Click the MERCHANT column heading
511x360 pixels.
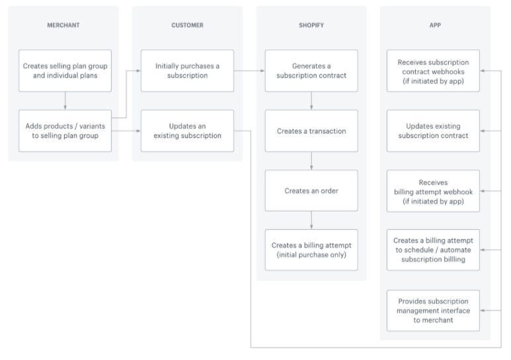point(63,25)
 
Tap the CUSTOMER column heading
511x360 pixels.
point(187,25)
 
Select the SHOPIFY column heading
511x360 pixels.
point(311,25)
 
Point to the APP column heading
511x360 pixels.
point(435,25)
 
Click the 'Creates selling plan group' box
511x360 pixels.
point(65,71)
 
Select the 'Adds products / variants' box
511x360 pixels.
point(65,131)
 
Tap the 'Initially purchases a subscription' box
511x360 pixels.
point(187,71)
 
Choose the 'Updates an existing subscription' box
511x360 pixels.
point(187,131)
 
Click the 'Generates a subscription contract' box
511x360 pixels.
point(311,71)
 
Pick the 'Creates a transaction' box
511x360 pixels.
point(311,131)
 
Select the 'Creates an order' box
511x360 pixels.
point(311,190)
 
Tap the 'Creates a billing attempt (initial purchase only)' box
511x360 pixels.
point(311,250)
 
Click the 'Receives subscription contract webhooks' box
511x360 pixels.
point(433,71)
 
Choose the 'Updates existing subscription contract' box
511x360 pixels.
point(433,131)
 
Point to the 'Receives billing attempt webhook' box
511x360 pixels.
point(433,191)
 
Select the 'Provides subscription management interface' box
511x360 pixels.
point(433,310)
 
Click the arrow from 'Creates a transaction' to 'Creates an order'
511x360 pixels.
point(311,161)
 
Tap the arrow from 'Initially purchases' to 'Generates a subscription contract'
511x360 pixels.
point(249,71)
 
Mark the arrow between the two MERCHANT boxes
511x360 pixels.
point(65,100)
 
